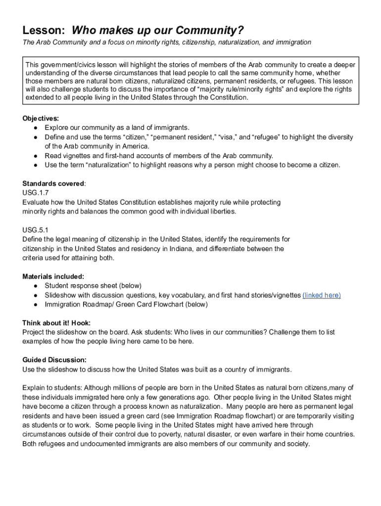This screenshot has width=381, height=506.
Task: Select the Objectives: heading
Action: click(x=41, y=118)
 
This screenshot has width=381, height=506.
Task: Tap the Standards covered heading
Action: click(x=53, y=183)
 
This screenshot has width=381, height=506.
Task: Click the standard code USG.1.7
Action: click(x=36, y=193)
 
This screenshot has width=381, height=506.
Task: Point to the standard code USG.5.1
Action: click(x=36, y=230)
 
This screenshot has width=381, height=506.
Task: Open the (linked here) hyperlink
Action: click(x=322, y=295)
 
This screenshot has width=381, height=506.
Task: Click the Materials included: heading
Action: click(x=53, y=276)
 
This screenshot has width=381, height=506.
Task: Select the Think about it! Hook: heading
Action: click(x=56, y=323)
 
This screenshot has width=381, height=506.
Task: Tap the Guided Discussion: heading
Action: click(x=54, y=360)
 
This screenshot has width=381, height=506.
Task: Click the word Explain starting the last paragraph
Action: click(x=34, y=388)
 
